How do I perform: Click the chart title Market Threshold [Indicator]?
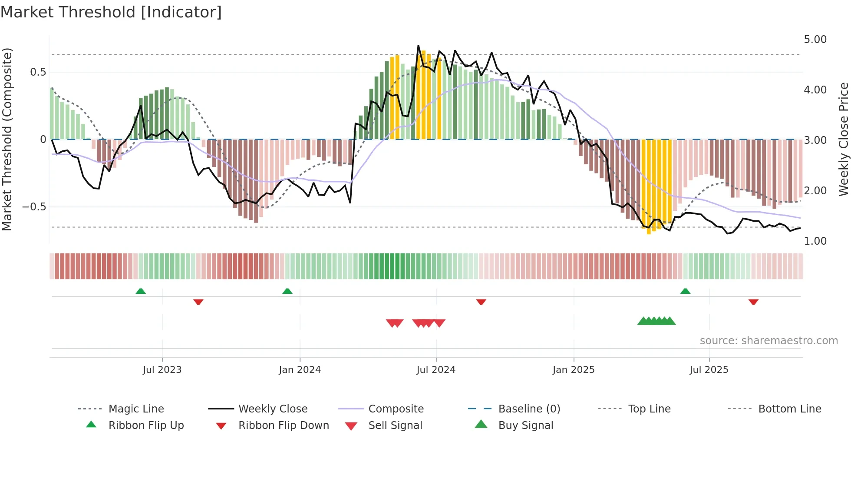pyautogui.click(x=111, y=12)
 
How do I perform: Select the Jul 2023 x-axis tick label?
pyautogui.click(x=162, y=370)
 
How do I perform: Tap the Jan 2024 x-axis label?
pyautogui.click(x=300, y=370)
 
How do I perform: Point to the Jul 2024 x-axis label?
pyautogui.click(x=436, y=370)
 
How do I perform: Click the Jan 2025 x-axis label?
pyautogui.click(x=574, y=370)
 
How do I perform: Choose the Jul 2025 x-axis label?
pyautogui.click(x=709, y=370)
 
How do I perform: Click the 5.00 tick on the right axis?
pyautogui.click(x=815, y=40)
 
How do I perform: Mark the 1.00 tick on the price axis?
pyautogui.click(x=815, y=241)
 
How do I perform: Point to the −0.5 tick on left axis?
pyautogui.click(x=34, y=207)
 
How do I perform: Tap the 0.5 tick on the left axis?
pyautogui.click(x=38, y=72)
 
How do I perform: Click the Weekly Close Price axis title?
pyautogui.click(x=843, y=139)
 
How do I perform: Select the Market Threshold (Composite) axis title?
pyautogui.click(x=7, y=139)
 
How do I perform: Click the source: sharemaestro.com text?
pyautogui.click(x=769, y=341)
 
